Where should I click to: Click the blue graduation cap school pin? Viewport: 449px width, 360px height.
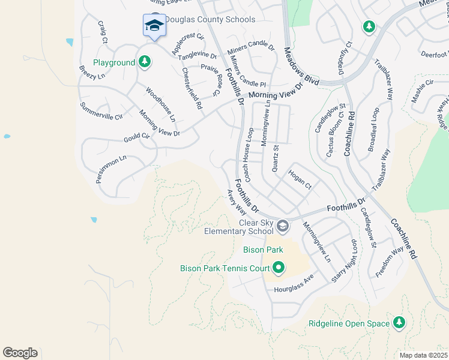(x=154, y=26)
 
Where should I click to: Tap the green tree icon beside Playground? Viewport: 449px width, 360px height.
(x=144, y=62)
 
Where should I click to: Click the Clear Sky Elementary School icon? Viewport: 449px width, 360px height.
(x=283, y=227)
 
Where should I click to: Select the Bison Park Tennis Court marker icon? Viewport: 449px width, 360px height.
(x=278, y=268)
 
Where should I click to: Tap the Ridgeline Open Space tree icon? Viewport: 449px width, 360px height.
(x=399, y=323)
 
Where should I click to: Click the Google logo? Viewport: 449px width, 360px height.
(x=20, y=353)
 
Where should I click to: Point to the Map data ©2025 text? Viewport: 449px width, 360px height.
(x=423, y=355)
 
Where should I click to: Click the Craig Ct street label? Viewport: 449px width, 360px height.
(x=102, y=32)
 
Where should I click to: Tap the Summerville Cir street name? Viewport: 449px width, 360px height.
(x=101, y=111)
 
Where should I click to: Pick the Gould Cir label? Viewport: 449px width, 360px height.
(x=137, y=137)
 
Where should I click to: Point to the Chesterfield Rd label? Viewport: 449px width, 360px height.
(x=191, y=88)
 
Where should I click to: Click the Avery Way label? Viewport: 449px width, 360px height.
(x=236, y=203)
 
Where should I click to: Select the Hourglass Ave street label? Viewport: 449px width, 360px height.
(x=294, y=284)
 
